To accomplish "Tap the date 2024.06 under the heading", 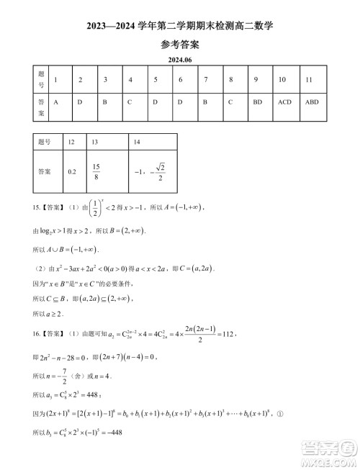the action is [179, 60].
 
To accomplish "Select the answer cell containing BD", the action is [257, 102].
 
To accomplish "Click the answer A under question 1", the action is [55, 102].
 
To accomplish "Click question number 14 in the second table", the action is [138, 143].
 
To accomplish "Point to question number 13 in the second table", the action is [95, 143].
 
